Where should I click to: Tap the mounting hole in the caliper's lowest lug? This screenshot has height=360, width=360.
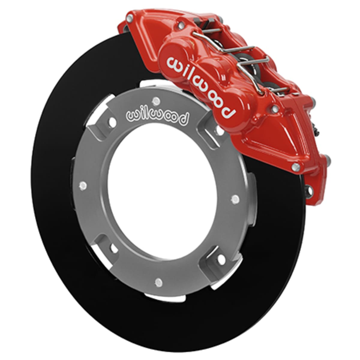coord(309,188)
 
